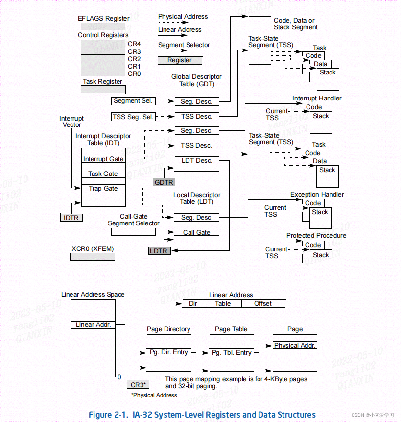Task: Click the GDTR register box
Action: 164,182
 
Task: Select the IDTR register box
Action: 71,217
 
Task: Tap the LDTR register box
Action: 159,251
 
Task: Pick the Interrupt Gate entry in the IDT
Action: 103,159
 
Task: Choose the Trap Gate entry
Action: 103,188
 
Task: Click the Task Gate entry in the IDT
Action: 103,174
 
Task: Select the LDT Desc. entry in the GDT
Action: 196,160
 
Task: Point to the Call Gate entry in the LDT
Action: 196,232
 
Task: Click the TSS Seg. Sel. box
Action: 133,117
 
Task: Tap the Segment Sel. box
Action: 133,101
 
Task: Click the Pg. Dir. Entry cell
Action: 168,352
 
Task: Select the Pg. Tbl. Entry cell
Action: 232,352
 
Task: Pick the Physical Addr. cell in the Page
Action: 295,345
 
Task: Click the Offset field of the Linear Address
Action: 263,303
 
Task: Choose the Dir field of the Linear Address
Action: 193,303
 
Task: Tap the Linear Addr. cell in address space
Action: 93,324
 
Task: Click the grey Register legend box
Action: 180,60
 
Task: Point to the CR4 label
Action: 134,44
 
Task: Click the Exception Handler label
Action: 317,194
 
